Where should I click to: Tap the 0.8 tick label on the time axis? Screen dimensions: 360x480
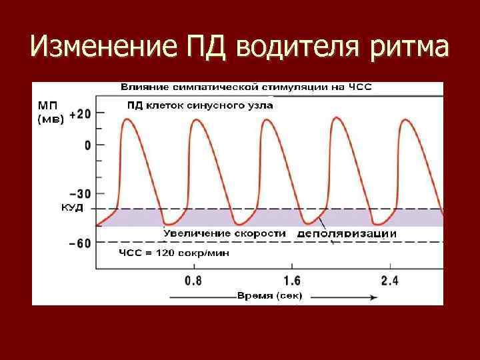click(x=193, y=281)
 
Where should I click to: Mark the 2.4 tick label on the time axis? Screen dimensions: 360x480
click(x=389, y=281)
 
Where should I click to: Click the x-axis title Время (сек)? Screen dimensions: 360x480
click(x=269, y=295)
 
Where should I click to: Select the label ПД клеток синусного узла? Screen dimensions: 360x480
click(x=200, y=105)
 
